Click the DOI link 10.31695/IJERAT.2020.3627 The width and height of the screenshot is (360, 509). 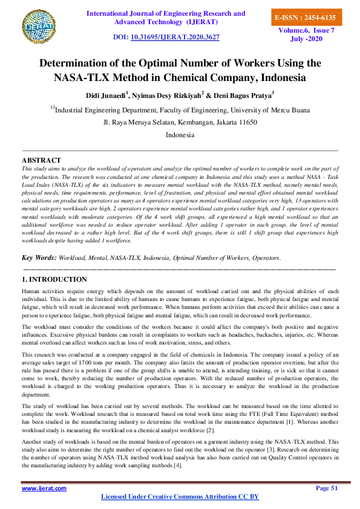(183, 37)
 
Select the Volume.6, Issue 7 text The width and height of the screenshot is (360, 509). (306, 30)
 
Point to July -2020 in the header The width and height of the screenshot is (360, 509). (307, 39)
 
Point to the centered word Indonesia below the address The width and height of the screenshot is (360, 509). (180, 135)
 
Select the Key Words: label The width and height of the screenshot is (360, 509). (39, 274)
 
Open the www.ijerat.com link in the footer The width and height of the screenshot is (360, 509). (44, 488)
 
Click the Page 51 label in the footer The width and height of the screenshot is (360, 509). (327, 488)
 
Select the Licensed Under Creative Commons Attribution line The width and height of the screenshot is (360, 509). (179, 496)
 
